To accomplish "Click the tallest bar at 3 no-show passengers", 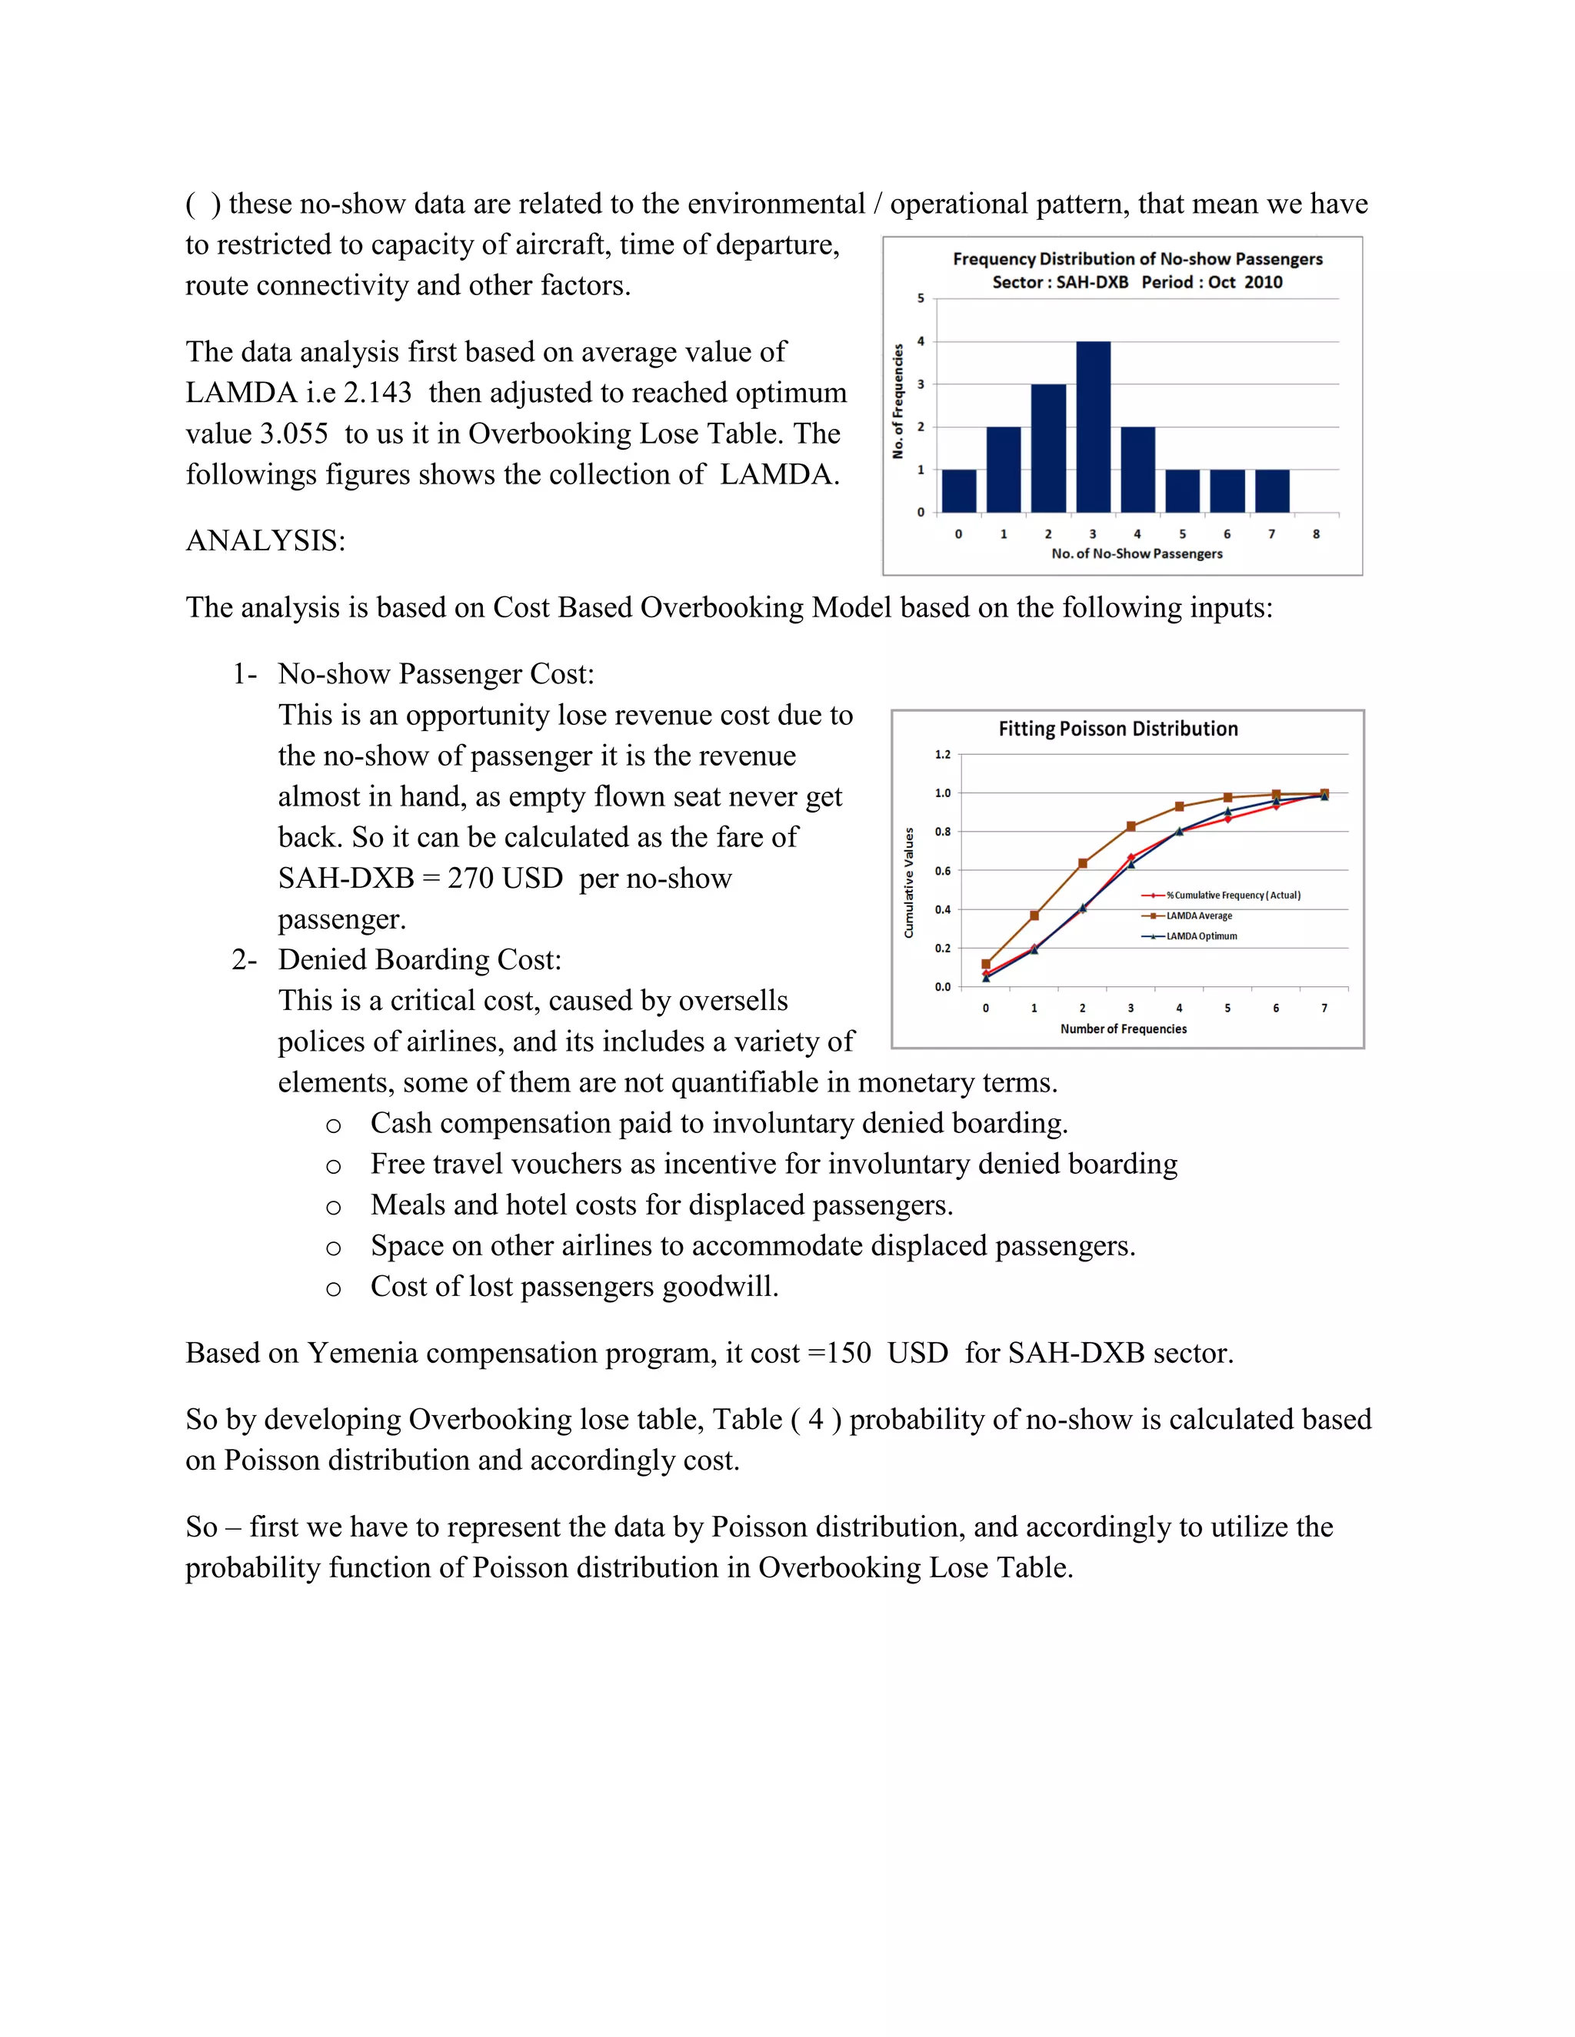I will [x=1093, y=427].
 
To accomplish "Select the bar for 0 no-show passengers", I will [x=958, y=490].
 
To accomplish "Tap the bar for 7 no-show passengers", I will [x=1272, y=490].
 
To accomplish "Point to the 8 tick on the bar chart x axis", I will [x=1317, y=534].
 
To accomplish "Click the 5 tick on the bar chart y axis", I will [x=921, y=298].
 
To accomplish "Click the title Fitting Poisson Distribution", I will [x=1117, y=729].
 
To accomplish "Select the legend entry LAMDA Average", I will [x=1199, y=916].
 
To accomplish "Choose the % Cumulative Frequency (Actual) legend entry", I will [x=1233, y=896].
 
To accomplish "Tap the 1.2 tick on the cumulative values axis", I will [x=944, y=755].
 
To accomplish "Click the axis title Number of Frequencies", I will [x=1124, y=1028].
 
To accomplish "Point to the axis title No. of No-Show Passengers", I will [x=1137, y=554].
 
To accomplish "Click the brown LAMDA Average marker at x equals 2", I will [x=1082, y=864].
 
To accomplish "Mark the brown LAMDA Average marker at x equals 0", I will [x=986, y=965].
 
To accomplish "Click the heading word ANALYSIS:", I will [x=265, y=541].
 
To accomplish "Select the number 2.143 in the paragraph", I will [x=377, y=393].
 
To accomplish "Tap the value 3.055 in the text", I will [x=293, y=434].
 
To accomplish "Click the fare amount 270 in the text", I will [x=469, y=879].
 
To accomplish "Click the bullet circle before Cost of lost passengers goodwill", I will [x=333, y=1289].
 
